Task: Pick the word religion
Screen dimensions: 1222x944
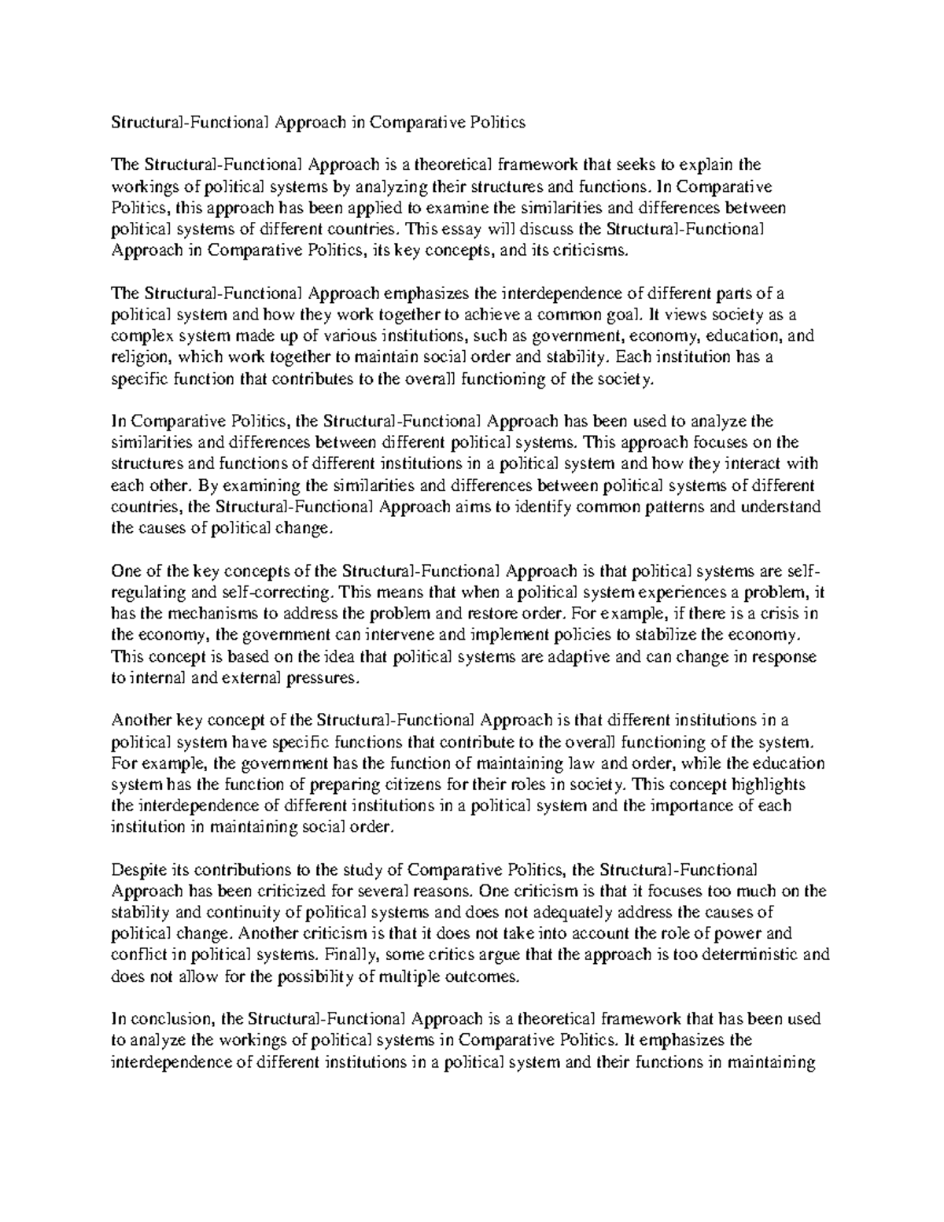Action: point(137,357)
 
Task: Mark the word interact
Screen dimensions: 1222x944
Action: point(748,464)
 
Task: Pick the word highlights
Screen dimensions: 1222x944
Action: point(771,785)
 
